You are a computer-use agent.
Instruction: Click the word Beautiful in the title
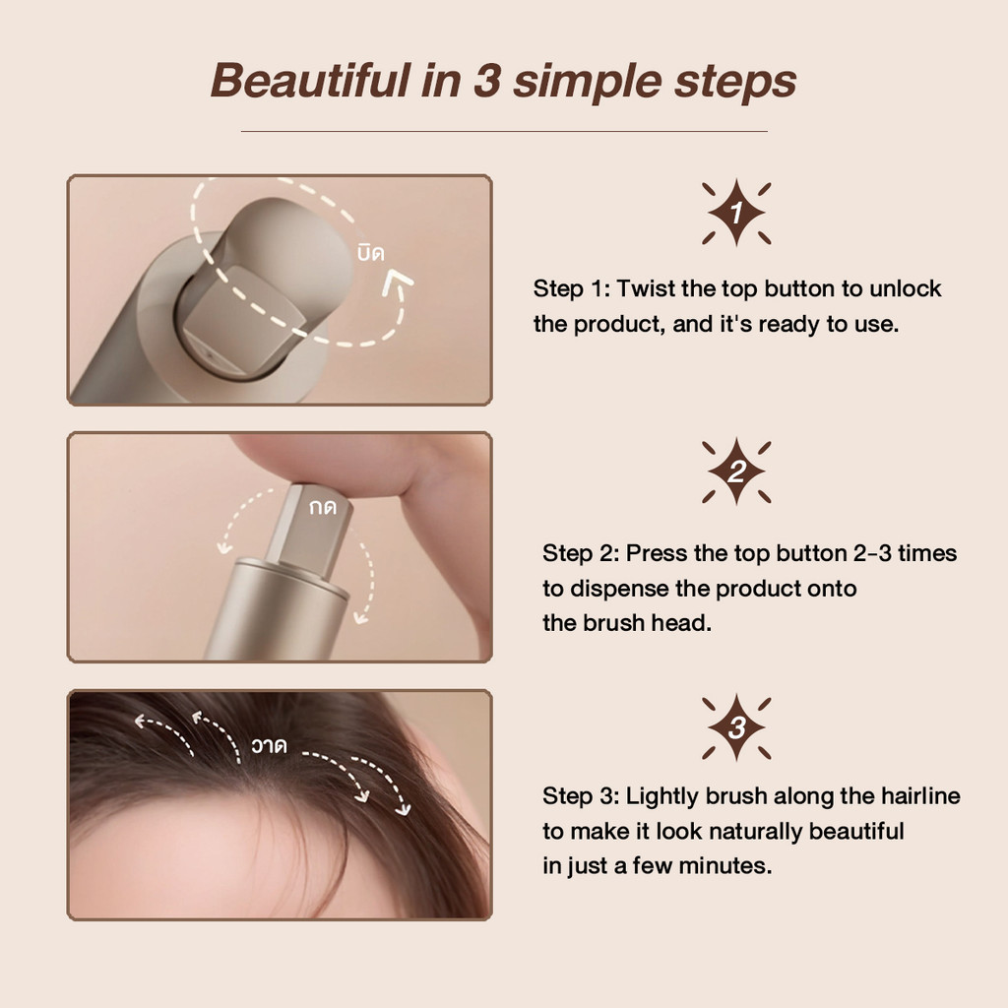click(310, 81)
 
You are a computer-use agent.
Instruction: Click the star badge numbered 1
click(736, 213)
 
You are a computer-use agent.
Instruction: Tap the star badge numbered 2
click(736, 472)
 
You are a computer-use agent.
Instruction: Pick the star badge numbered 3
click(736, 727)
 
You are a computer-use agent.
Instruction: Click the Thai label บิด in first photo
click(371, 253)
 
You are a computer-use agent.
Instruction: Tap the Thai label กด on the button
click(323, 508)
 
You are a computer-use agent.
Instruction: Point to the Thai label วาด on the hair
click(270, 745)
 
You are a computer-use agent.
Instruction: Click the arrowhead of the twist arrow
click(398, 282)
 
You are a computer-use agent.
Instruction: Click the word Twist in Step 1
click(646, 288)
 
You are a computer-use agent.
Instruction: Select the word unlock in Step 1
click(906, 288)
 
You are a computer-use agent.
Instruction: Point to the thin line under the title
click(504, 131)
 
